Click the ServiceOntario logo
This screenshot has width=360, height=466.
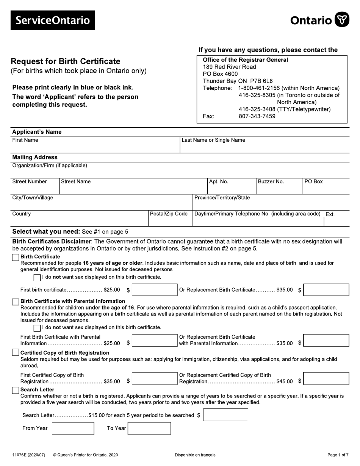point(53,20)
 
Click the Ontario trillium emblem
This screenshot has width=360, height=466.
point(342,19)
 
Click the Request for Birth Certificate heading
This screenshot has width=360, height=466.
point(65,61)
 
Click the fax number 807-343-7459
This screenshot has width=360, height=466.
point(257,117)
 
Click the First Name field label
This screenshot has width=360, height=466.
point(25,140)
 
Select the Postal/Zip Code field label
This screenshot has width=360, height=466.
point(169,214)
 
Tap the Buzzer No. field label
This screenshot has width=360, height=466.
point(271,181)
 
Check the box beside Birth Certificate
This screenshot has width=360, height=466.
point(16,257)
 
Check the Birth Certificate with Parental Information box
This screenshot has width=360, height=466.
point(16,302)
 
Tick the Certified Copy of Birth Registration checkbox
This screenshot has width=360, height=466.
point(16,353)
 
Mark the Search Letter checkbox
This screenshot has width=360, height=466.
point(16,390)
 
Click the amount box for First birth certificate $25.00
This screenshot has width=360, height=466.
point(154,290)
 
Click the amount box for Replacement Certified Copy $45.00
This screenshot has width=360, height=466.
point(326,378)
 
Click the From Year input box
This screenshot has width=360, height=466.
point(73,428)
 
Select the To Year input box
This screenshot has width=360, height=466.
point(149,428)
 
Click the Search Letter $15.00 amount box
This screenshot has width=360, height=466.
point(225,415)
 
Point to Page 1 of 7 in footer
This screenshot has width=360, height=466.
point(338,455)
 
